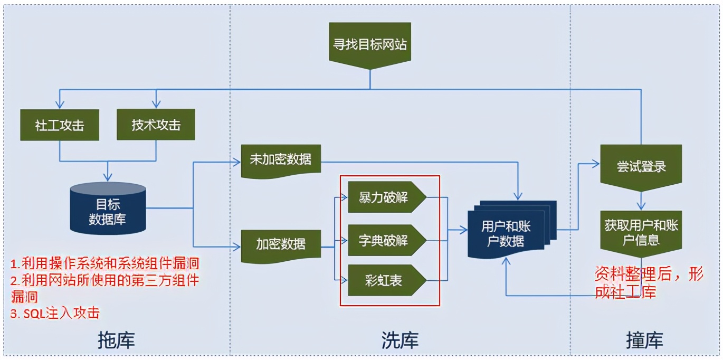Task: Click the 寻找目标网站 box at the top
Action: coord(369,44)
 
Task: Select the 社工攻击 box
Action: coord(60,125)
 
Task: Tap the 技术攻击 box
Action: coord(156,125)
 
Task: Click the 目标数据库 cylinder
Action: coord(108,211)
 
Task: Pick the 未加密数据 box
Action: coord(280,159)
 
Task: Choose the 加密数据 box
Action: coord(281,244)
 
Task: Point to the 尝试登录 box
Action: coord(641,166)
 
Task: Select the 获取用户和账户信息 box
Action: coord(641,233)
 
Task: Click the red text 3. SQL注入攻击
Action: coord(55,312)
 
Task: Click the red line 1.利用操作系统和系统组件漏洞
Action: coord(105,263)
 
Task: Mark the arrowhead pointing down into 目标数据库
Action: coord(108,177)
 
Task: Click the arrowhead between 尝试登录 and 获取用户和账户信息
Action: coord(641,207)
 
